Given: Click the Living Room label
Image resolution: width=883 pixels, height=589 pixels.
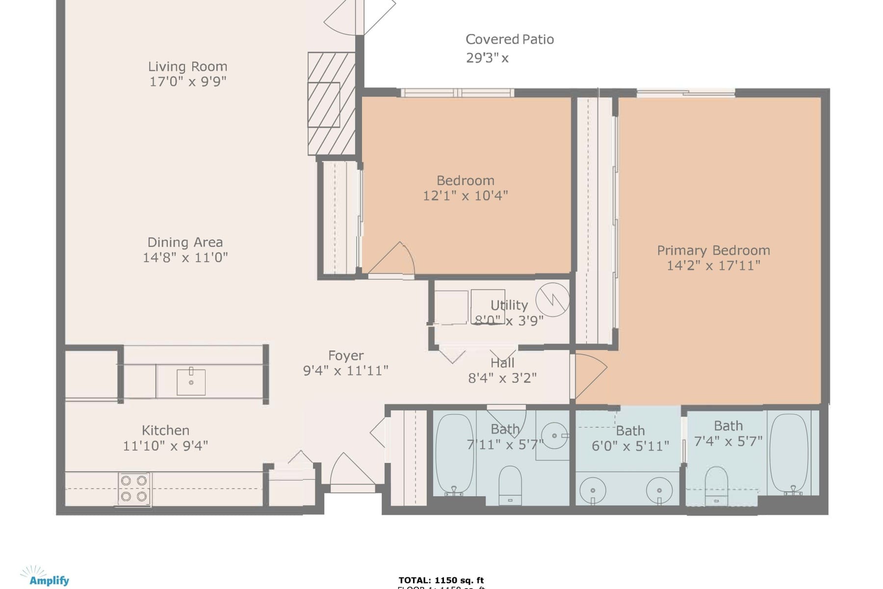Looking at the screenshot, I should [187, 67].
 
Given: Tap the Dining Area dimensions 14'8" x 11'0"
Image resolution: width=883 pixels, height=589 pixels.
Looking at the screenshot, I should [185, 257].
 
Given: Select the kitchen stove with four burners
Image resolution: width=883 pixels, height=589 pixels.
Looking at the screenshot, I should [134, 488].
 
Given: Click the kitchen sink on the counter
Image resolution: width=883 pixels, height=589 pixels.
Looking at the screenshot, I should [191, 382].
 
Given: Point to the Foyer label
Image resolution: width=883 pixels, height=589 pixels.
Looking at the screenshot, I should [346, 355].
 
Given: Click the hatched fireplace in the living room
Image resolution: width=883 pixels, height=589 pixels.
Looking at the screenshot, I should [331, 104].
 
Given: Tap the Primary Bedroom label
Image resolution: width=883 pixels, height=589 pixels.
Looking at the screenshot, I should [713, 250].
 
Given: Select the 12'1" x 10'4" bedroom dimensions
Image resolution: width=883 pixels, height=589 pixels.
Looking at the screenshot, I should [465, 195].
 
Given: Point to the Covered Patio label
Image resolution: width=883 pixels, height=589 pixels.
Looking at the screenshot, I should [509, 39].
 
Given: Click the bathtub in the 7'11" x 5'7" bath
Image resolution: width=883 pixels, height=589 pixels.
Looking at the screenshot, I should [454, 454].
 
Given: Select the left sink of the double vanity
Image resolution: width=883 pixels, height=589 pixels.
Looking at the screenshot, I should [593, 490].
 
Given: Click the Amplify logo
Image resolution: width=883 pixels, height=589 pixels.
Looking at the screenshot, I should [45, 577].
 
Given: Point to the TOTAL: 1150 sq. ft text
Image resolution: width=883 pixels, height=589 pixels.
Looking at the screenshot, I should [441, 580].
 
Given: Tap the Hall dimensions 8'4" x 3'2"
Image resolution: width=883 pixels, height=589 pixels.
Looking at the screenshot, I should [502, 378].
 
